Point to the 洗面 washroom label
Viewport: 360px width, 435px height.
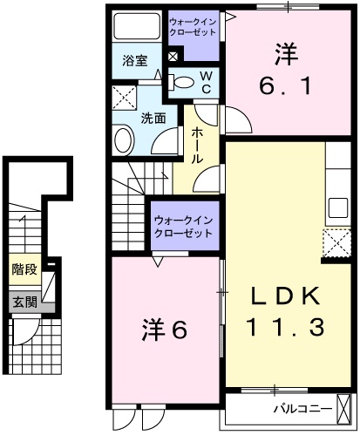(153, 118)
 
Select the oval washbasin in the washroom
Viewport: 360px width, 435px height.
(123, 139)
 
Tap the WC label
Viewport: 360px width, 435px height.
(207, 82)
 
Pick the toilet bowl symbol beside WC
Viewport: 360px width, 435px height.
(183, 82)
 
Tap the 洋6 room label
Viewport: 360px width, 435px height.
(165, 330)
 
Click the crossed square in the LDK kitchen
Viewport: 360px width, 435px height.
(336, 241)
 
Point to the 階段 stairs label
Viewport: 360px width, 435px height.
(25, 269)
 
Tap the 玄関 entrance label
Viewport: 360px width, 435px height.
(25, 302)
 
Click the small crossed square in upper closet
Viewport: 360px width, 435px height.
(172, 58)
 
